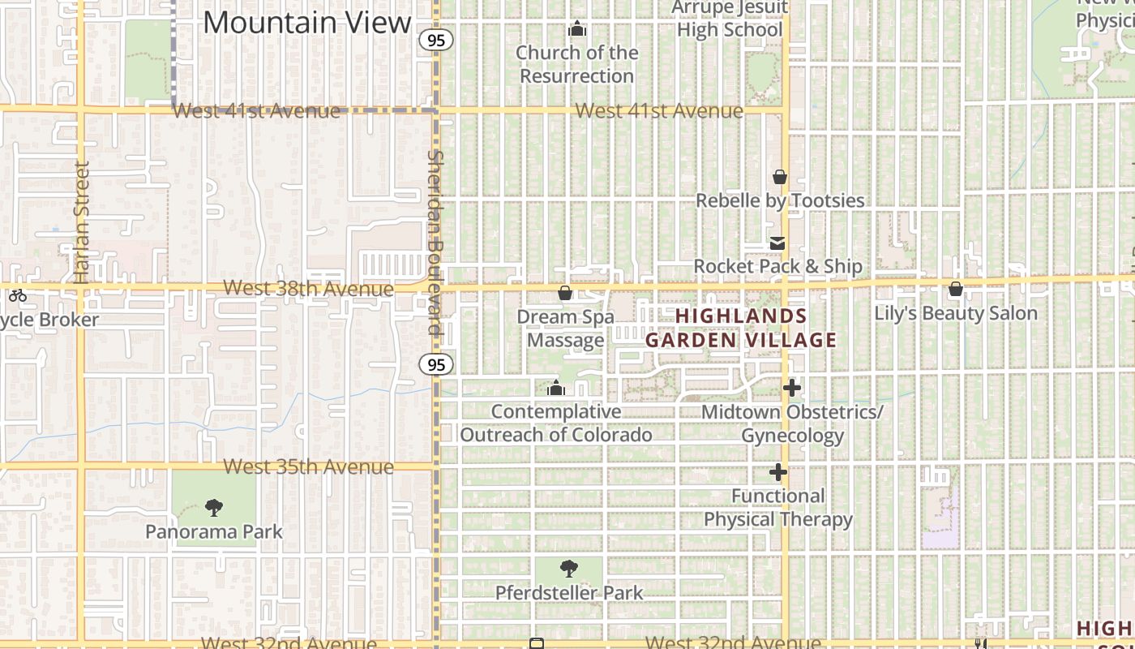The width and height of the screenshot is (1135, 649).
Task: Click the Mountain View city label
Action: click(x=307, y=22)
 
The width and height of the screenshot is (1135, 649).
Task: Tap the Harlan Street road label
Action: click(x=81, y=222)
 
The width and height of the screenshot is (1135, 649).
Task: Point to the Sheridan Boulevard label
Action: click(x=436, y=242)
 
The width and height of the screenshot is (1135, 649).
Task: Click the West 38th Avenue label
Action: click(x=308, y=288)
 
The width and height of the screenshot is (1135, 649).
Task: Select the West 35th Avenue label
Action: click(x=308, y=466)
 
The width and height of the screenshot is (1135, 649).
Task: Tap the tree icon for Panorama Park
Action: click(x=214, y=509)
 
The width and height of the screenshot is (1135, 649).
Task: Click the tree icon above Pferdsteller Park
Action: click(x=569, y=569)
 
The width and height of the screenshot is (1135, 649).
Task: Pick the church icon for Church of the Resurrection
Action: click(x=577, y=29)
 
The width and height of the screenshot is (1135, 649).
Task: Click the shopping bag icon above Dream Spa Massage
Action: click(x=565, y=293)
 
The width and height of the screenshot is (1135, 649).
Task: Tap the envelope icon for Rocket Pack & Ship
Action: click(x=778, y=243)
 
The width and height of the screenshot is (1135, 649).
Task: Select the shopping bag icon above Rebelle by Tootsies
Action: click(x=780, y=177)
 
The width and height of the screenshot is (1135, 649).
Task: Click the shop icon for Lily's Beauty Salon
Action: click(x=956, y=290)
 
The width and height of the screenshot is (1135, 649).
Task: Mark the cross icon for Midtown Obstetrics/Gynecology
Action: click(x=792, y=389)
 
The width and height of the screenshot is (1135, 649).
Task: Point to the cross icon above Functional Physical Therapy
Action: click(x=778, y=472)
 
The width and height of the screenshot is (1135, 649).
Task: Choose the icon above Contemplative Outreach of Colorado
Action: click(x=556, y=389)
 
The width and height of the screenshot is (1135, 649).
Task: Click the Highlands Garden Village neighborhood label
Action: click(x=741, y=328)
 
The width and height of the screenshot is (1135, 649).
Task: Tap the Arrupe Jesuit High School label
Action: click(x=730, y=19)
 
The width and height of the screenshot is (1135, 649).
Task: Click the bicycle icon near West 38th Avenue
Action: click(x=18, y=295)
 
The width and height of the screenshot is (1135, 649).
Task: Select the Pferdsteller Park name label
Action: click(x=569, y=593)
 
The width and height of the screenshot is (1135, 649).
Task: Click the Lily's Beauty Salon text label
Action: click(x=956, y=313)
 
